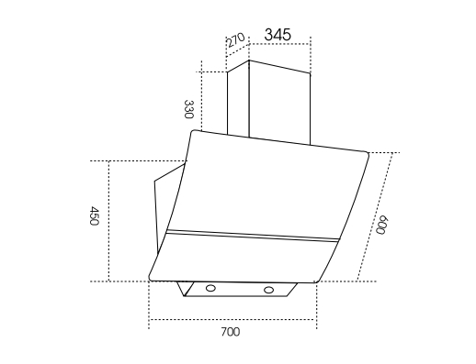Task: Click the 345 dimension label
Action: pyautogui.click(x=278, y=34)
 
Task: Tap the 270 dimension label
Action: pyautogui.click(x=235, y=39)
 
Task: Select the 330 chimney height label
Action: pyautogui.click(x=188, y=109)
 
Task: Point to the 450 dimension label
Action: pyautogui.click(x=94, y=215)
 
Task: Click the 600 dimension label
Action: pyautogui.click(x=382, y=225)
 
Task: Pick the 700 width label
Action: pyautogui.click(x=231, y=332)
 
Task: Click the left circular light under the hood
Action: pyautogui.click(x=210, y=288)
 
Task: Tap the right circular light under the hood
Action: pyautogui.click(x=268, y=290)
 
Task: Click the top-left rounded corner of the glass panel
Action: pyautogui.click(x=193, y=131)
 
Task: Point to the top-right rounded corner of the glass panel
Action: pyautogui.click(x=367, y=153)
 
